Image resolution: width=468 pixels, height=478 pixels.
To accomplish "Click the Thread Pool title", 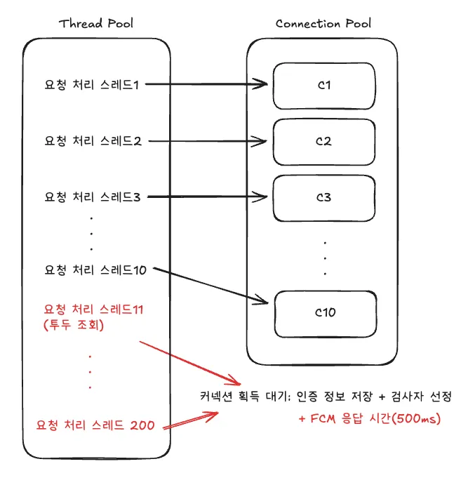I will (x=96, y=23).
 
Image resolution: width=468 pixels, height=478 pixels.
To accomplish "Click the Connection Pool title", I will (x=323, y=23).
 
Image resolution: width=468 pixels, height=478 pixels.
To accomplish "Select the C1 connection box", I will (x=323, y=86).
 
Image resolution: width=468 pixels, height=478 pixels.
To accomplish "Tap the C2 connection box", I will (x=323, y=141).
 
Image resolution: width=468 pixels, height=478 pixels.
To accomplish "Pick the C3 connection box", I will (x=323, y=197).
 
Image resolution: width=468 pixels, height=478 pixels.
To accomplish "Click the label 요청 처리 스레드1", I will (x=92, y=86).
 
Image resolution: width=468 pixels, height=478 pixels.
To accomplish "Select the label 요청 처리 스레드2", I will (x=93, y=141).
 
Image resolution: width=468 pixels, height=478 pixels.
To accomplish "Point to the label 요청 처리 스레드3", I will (x=93, y=197).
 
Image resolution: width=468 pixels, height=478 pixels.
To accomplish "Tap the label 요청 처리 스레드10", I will (x=95, y=270).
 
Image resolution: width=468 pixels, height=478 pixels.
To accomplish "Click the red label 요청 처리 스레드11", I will (x=94, y=309).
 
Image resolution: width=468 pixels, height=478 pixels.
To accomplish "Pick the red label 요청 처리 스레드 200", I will (x=95, y=425).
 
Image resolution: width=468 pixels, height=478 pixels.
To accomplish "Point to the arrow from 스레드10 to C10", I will (x=210, y=286).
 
